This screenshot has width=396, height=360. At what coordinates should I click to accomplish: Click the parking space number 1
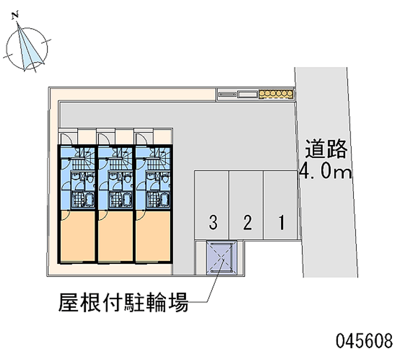[x=281, y=223]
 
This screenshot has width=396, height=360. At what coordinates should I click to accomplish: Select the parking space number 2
[x=247, y=223]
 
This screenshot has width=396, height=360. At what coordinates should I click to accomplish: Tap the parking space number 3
[x=213, y=223]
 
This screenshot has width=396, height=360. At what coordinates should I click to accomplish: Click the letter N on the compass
[x=16, y=16]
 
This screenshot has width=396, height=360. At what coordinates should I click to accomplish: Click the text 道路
[x=326, y=149]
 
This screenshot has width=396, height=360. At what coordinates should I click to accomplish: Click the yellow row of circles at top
[x=275, y=94]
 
